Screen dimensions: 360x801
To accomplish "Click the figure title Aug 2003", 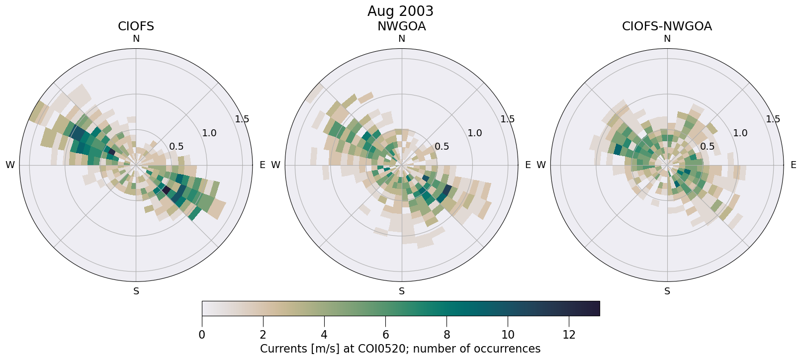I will (x=400, y=11).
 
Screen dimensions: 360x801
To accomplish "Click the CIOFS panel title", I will (x=136, y=26).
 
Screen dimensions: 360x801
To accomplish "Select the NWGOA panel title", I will (x=401, y=26).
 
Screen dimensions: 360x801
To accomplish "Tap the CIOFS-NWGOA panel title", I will (x=667, y=26).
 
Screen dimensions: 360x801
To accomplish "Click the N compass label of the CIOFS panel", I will (x=136, y=39).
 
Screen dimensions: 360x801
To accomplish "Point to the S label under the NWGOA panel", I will (x=401, y=291).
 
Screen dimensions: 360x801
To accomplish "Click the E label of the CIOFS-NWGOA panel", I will (x=793, y=165).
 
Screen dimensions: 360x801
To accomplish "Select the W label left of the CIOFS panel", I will (x=10, y=165).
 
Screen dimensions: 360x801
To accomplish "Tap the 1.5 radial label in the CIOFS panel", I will (x=242, y=119).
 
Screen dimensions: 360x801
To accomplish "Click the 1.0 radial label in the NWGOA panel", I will (x=474, y=133).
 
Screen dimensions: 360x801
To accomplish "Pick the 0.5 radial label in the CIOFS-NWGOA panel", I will (x=707, y=146).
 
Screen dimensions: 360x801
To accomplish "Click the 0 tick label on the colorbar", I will (x=202, y=335).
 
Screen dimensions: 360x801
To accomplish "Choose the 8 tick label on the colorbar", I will (x=446, y=335).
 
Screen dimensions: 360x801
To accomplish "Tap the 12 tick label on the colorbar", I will (x=569, y=335).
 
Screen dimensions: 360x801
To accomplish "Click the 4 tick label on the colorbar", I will (x=324, y=335).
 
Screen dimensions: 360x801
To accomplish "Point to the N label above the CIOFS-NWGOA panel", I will (x=667, y=39).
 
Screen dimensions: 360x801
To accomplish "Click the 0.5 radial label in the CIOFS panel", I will (x=176, y=146).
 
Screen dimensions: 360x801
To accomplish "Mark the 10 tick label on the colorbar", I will (x=508, y=335).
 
